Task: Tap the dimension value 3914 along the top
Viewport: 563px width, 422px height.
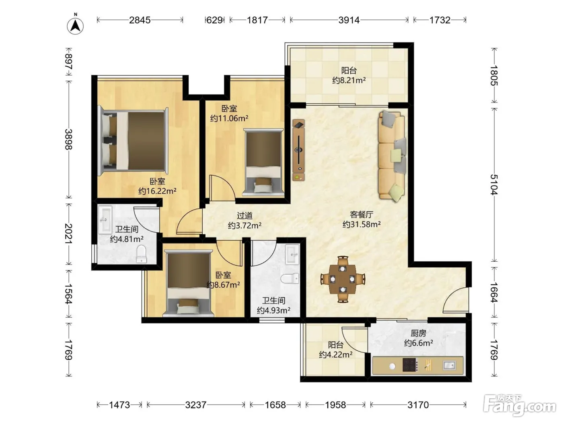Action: pos(349,20)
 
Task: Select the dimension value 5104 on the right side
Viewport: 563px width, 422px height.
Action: pos(494,184)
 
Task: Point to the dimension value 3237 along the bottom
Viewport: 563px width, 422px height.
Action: pos(196,405)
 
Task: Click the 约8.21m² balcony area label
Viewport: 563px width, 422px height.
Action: pos(349,80)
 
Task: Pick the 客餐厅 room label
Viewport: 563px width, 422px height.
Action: pos(362,214)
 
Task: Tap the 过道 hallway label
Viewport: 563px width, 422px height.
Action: pos(245,216)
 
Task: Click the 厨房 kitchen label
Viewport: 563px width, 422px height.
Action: pos(419,333)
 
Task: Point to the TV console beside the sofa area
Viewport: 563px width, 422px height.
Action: pos(298,150)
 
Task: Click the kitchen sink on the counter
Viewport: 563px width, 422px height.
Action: pos(449,365)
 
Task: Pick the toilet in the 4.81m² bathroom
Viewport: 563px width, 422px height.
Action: pos(141,254)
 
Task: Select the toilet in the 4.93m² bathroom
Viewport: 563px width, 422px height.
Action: pos(290,279)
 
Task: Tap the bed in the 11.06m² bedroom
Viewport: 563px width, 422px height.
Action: pos(263,162)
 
